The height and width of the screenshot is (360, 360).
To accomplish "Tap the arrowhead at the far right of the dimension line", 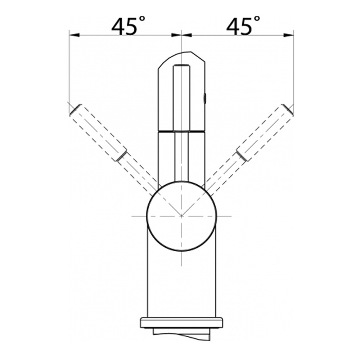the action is [288, 35].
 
